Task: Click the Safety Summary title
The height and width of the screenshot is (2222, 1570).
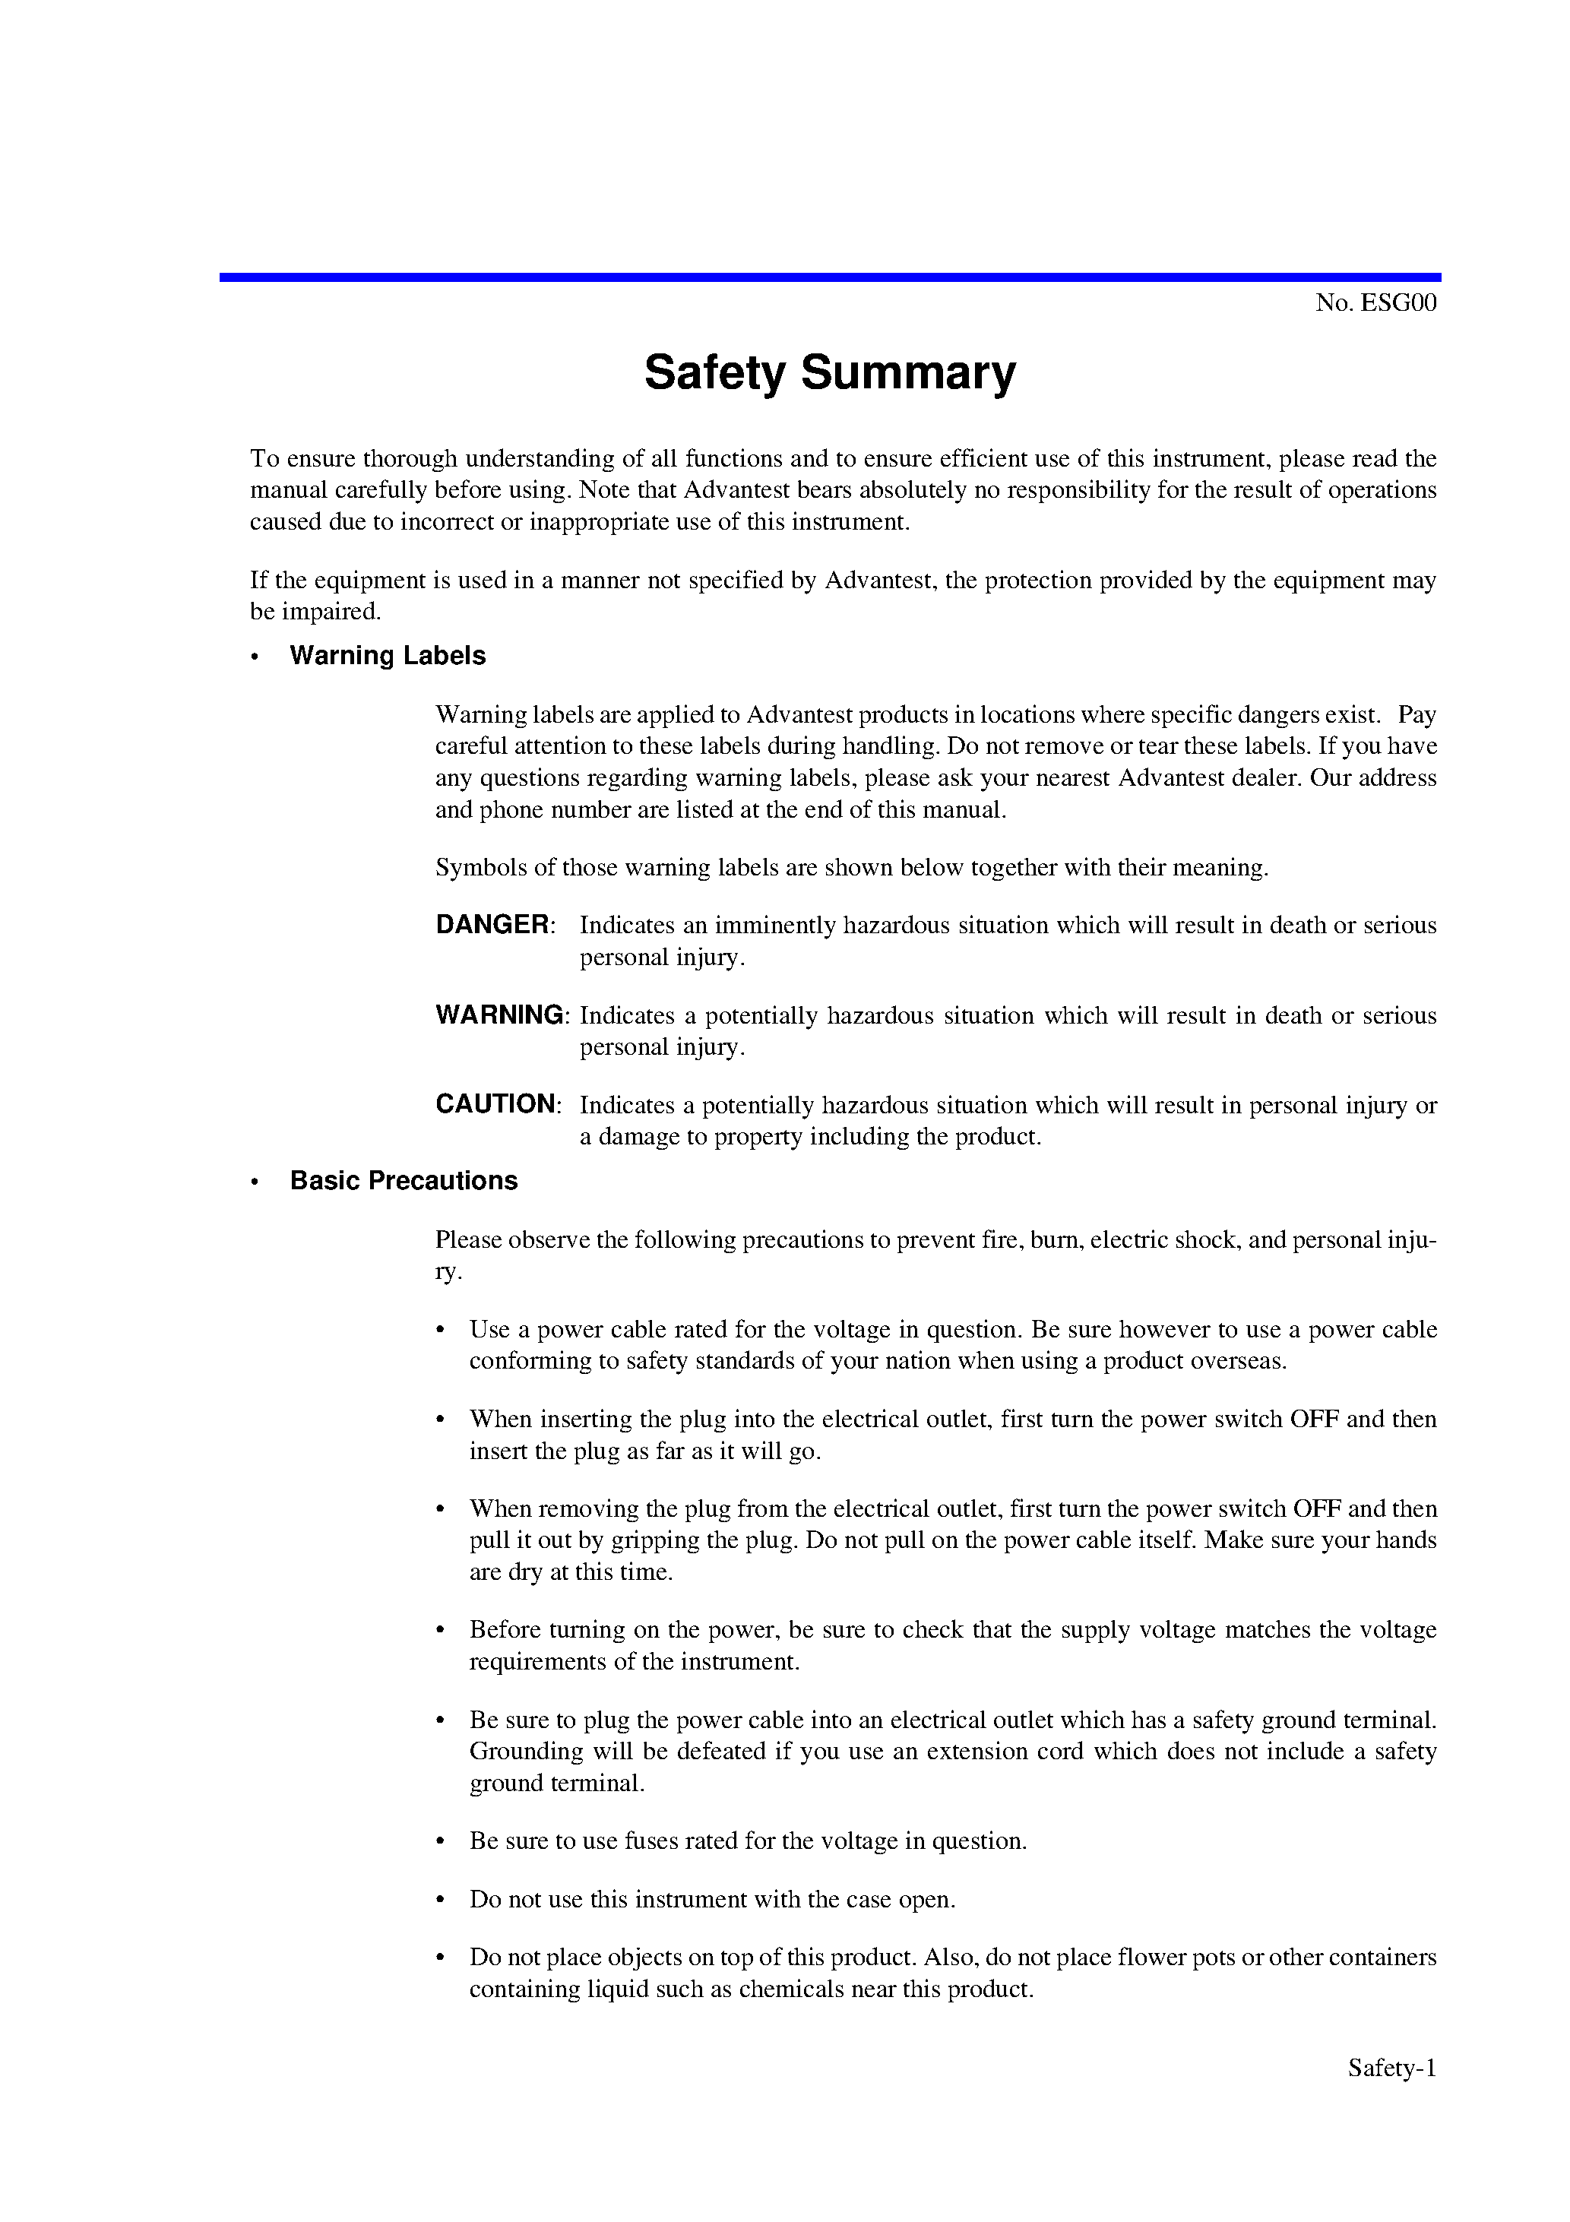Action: (830, 372)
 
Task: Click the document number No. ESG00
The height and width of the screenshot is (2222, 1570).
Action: (1375, 303)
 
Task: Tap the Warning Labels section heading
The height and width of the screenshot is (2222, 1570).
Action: (387, 655)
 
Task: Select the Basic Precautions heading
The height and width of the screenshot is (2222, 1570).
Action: (404, 1181)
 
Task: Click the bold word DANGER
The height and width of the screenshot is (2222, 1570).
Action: (492, 924)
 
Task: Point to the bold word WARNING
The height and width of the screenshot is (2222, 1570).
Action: (499, 1014)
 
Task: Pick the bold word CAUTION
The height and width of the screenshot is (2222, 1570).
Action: (495, 1103)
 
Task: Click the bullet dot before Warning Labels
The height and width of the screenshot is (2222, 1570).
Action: (255, 657)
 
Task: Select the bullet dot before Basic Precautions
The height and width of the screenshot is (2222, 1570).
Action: (255, 1182)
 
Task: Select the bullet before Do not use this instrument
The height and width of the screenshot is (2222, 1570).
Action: (441, 1900)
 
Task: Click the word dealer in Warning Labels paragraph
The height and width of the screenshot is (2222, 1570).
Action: (1262, 778)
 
